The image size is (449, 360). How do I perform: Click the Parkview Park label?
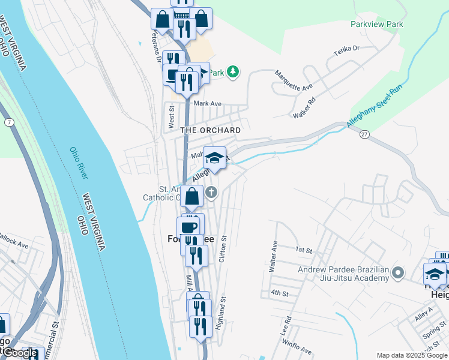pos(377,25)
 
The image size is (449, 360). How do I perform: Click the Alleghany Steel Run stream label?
pos(373,108)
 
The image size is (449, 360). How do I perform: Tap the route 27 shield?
pos(364,134)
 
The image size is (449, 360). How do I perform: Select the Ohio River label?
pos(79,163)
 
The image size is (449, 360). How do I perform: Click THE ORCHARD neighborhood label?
pos(211,130)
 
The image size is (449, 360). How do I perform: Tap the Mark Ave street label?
pos(208,103)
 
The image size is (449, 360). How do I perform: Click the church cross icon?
pos(211,193)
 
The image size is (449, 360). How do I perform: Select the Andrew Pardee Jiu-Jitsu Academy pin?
pos(397,274)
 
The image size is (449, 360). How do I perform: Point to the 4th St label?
pos(280,293)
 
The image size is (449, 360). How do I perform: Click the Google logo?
pos(20,353)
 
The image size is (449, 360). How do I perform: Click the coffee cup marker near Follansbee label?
pos(188,227)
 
